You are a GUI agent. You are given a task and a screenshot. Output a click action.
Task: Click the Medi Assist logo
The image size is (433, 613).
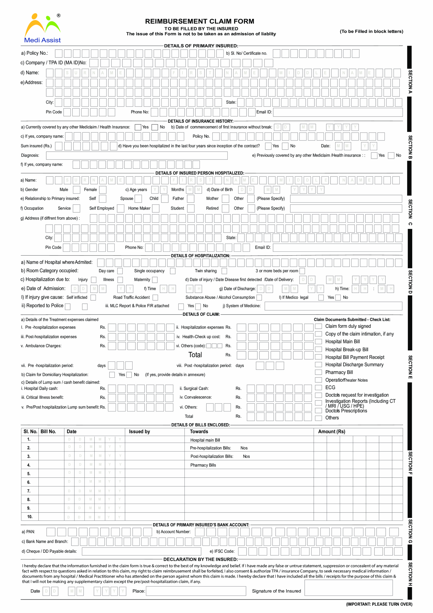(x=42, y=28)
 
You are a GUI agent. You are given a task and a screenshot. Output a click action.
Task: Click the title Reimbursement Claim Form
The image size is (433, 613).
(x=199, y=21)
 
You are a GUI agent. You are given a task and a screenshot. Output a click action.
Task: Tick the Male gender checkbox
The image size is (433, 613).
(x=77, y=190)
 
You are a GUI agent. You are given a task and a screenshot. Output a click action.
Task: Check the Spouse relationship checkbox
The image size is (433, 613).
(x=138, y=199)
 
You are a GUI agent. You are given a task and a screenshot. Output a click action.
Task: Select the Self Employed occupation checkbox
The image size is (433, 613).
(x=121, y=208)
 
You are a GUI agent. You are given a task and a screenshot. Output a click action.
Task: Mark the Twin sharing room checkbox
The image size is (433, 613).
(x=224, y=271)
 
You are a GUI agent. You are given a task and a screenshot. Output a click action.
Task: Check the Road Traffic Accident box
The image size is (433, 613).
(x=155, y=297)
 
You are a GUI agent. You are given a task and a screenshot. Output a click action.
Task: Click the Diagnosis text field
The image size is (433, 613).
(x=137, y=155)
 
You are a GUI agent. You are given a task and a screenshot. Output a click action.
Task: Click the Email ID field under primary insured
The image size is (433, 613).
(x=338, y=112)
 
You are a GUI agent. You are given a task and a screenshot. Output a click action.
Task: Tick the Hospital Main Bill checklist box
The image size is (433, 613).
(x=318, y=341)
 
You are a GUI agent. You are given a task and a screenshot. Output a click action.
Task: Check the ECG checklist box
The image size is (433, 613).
(x=318, y=387)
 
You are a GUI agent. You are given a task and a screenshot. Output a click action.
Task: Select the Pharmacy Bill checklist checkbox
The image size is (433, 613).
(x=318, y=372)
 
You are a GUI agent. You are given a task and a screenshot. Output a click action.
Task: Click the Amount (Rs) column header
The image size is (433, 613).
(x=331, y=431)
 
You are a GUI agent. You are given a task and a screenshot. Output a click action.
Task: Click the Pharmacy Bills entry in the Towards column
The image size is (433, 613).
(x=203, y=465)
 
